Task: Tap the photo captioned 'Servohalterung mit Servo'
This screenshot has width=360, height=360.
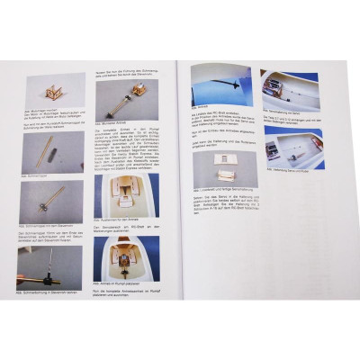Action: (x=288, y=89)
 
